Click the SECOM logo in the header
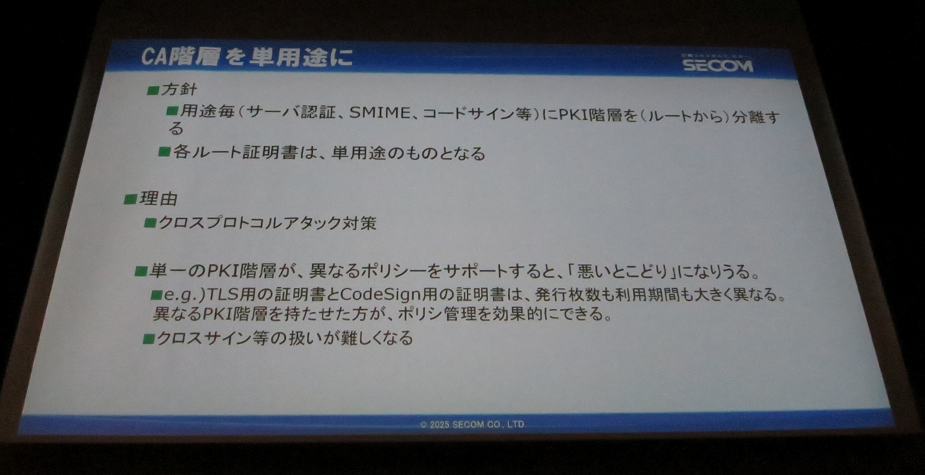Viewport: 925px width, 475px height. (x=717, y=65)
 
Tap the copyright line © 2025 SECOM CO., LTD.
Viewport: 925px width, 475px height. (x=473, y=424)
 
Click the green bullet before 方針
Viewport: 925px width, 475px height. (x=153, y=90)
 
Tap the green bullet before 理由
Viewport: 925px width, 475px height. (x=130, y=199)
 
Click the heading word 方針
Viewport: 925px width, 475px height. (x=179, y=90)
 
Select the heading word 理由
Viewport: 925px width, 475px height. (x=159, y=198)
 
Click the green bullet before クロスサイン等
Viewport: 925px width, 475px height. (x=149, y=339)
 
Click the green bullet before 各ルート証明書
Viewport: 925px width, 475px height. (x=164, y=152)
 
